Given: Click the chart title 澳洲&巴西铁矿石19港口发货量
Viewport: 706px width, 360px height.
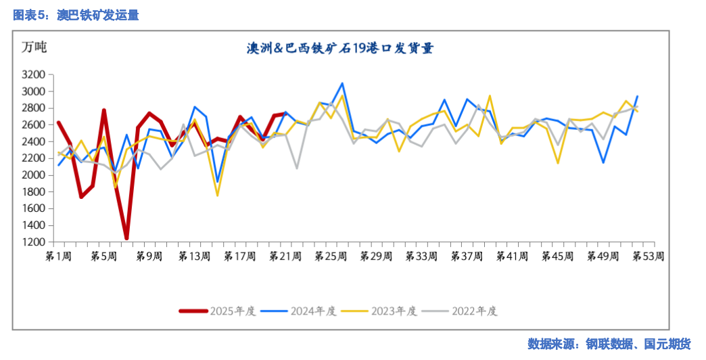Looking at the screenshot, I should pos(339,49).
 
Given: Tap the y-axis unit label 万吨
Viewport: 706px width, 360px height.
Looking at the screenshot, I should pos(34,47).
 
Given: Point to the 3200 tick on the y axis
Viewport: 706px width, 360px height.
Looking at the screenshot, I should pos(33,74).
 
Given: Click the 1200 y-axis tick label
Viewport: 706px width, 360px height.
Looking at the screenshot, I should pos(33,242).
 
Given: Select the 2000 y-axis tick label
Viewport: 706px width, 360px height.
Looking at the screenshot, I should pos(33,175).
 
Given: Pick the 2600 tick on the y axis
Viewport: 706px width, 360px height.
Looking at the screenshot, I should pos(33,125).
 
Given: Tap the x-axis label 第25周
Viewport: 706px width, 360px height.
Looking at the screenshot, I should pos(331,257).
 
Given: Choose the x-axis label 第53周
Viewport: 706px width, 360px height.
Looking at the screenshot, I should pos(648,257).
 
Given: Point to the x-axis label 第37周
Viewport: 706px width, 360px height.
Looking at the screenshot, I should pos(467,257).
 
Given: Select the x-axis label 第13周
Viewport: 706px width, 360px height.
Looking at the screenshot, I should pos(194,257).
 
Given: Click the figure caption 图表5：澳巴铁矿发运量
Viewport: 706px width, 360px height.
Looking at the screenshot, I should pos(76,15).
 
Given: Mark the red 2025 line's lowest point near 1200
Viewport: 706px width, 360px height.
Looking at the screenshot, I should pos(126,238).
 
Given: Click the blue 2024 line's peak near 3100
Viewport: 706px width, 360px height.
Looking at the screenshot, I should pos(342,84).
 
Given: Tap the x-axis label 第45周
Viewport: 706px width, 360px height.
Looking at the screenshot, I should pos(558,257).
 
